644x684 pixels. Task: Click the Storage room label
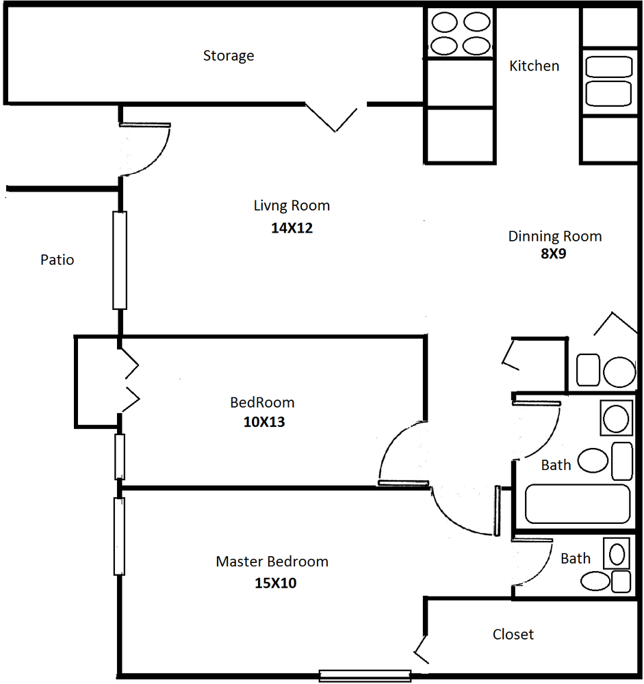[229, 56]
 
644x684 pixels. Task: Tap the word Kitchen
[534, 66]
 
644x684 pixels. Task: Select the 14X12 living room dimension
[292, 228]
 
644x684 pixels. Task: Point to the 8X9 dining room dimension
[553, 254]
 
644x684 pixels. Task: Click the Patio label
[57, 260]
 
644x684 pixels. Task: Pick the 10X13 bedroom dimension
[264, 422]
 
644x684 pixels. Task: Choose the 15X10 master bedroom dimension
[276, 583]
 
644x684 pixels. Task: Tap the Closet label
[513, 634]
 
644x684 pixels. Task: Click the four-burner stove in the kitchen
[460, 33]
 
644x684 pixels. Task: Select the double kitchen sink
[608, 81]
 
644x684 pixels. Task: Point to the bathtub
[577, 503]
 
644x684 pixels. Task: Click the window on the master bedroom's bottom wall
[365, 676]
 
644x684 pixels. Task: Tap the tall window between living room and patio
[120, 261]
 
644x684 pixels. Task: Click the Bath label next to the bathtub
[556, 465]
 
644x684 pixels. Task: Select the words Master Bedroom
[272, 562]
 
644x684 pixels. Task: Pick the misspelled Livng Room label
[292, 206]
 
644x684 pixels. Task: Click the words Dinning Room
[555, 237]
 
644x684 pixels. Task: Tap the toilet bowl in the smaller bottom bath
[595, 581]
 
